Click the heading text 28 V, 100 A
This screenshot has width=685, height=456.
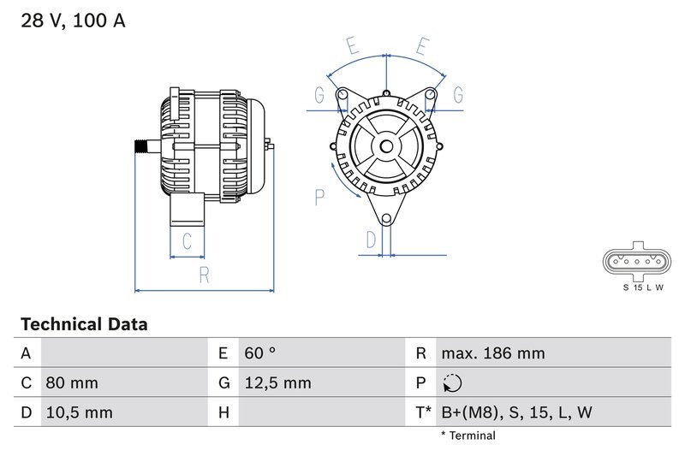[x=73, y=21]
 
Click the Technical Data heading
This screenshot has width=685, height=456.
[x=84, y=325]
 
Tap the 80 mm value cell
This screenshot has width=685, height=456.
[x=71, y=382]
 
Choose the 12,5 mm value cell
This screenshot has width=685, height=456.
[x=277, y=382]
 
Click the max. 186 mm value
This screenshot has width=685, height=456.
[x=492, y=353]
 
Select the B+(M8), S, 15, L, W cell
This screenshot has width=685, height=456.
[x=516, y=412]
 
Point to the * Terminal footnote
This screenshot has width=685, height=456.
[x=468, y=436]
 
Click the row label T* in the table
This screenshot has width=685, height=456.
[x=423, y=412]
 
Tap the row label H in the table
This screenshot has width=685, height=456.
[x=223, y=412]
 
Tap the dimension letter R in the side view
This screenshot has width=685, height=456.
[x=204, y=274]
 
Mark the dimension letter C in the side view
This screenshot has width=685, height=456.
[x=187, y=240]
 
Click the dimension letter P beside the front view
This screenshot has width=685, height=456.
[x=319, y=198]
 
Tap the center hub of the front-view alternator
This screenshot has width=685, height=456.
[x=386, y=146]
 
